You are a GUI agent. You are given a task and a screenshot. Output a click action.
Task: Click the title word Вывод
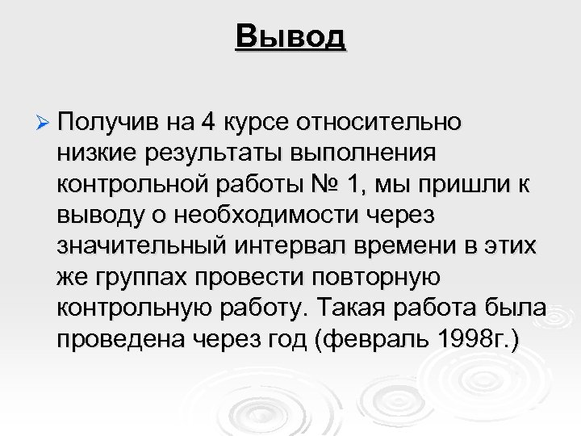click(x=290, y=36)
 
